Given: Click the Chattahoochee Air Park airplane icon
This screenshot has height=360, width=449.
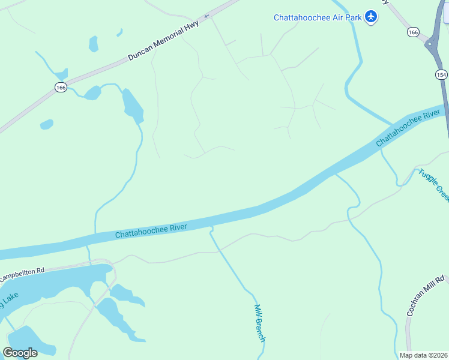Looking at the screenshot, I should point(372,17).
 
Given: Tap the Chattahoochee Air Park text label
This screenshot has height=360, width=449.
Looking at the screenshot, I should point(318,17).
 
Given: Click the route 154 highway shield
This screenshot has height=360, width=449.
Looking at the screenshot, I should point(441,74).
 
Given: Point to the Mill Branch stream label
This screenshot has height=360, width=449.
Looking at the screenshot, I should point(260,323).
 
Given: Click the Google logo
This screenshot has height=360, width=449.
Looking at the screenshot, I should point(20,353).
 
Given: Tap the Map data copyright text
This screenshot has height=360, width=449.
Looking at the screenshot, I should point(423,355).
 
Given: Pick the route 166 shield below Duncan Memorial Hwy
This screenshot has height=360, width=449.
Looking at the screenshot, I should point(60,88).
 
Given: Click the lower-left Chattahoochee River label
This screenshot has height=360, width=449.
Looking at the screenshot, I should point(151,231).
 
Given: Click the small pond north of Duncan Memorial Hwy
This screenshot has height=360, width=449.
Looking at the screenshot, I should point(93,44).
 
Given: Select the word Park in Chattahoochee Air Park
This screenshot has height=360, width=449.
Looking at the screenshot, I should point(355,17).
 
